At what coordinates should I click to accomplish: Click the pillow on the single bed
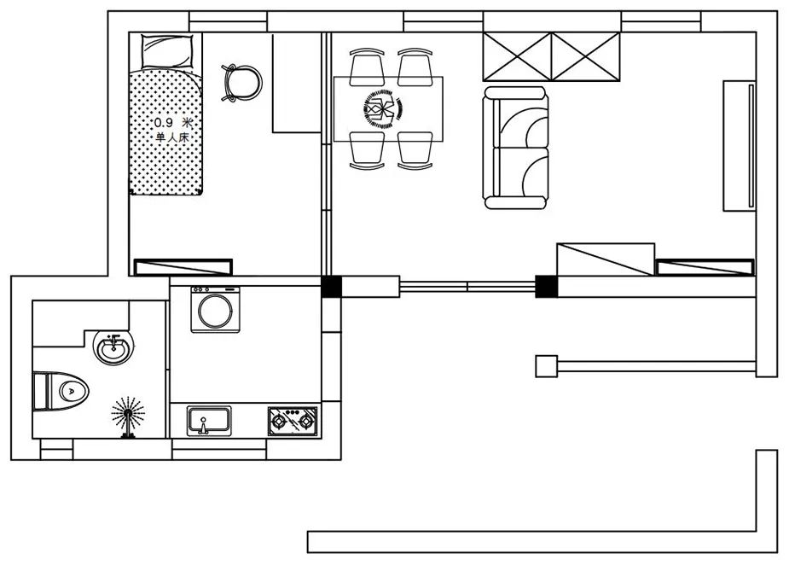pyautogui.click(x=167, y=51)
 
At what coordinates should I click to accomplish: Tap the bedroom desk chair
pyautogui.click(x=241, y=83)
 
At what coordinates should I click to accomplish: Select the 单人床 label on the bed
pyautogui.click(x=172, y=137)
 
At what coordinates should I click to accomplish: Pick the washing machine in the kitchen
pyautogui.click(x=215, y=310)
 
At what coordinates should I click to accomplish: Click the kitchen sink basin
pyautogui.click(x=209, y=421)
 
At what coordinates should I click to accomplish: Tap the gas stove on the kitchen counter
pyautogui.click(x=293, y=421)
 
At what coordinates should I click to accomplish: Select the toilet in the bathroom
pyautogui.click(x=61, y=391)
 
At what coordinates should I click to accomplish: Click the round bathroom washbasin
pyautogui.click(x=113, y=347)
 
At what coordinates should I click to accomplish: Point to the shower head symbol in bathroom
pyautogui.click(x=128, y=416)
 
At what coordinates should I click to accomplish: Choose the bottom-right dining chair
pyautogui.click(x=415, y=150)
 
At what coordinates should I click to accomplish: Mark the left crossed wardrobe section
pyautogui.click(x=517, y=56)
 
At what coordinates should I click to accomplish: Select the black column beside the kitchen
pyautogui.click(x=331, y=287)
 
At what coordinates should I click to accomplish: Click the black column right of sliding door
pyautogui.click(x=547, y=287)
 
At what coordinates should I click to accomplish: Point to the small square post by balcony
pyautogui.click(x=547, y=366)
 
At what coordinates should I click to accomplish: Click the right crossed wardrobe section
pyautogui.click(x=586, y=56)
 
